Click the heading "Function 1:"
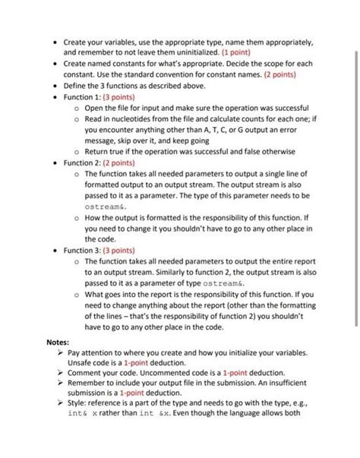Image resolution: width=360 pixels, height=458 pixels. click(83, 97)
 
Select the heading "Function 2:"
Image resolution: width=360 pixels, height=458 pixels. click(83, 162)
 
